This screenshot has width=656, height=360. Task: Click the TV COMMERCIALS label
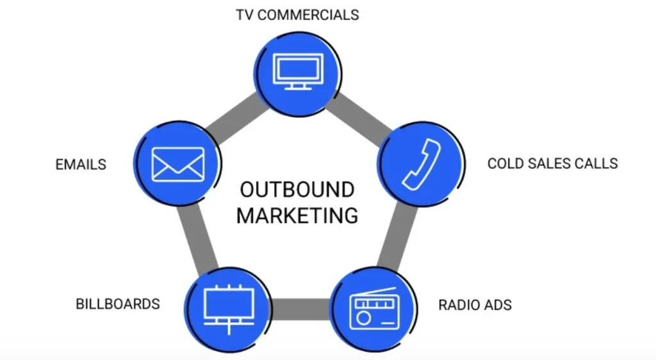pos(297,14)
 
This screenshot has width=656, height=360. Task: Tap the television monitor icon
pos(297,70)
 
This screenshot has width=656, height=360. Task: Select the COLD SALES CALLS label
pos(552,163)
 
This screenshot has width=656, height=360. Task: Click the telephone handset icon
pos(422,165)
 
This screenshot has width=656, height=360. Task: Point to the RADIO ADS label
pos(475,304)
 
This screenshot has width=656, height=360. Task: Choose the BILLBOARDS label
pos(118,303)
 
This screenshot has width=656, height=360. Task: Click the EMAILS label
pos(81,165)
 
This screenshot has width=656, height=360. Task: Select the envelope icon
pos(177,164)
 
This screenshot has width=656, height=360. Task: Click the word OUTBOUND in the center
pos(297,190)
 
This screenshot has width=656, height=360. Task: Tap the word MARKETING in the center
pos(297,215)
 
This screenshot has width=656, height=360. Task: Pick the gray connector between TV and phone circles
pos(359,114)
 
